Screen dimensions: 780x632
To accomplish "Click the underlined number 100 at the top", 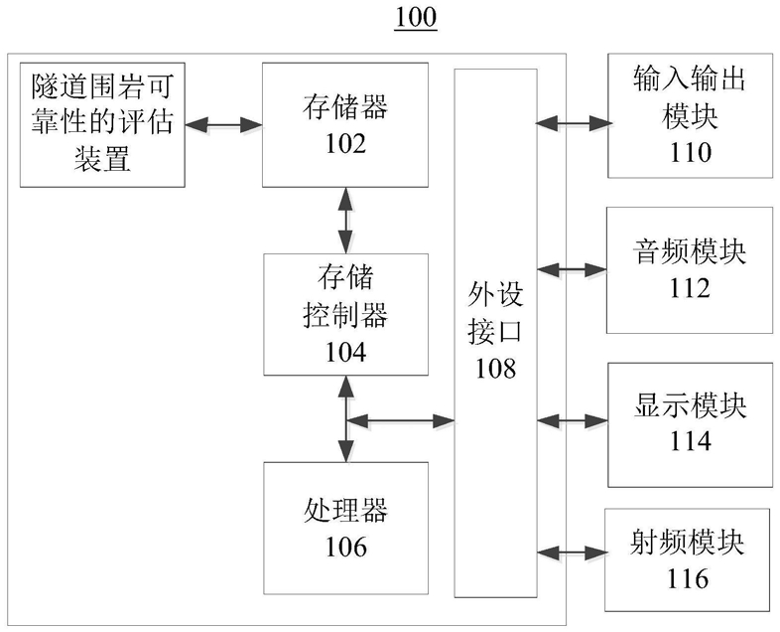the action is point(416,17).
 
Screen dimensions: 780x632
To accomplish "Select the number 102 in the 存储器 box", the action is point(345,143).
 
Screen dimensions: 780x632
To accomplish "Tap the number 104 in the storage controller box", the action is point(345,352).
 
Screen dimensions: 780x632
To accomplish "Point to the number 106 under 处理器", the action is point(345,547).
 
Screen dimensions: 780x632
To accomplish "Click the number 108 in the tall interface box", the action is point(495,369).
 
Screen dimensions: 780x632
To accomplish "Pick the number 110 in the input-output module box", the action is point(690,152).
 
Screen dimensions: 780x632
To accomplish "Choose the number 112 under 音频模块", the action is point(689,288).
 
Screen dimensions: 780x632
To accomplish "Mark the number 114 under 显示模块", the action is point(690,441).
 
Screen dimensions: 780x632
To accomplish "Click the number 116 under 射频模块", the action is point(688,578).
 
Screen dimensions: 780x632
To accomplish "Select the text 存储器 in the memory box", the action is point(345,107).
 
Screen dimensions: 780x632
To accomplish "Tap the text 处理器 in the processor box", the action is point(345,511).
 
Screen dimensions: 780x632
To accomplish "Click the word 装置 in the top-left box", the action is point(102,159).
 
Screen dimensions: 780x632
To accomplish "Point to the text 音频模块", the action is point(689,252).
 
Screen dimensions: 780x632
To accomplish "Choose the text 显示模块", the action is point(690,404).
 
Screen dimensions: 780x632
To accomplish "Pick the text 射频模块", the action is point(687,543).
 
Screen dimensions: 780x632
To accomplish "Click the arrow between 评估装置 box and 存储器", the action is point(224,124).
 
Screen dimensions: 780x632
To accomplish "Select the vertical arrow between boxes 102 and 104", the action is point(345,221).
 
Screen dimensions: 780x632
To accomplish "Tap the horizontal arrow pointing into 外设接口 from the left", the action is point(401,420).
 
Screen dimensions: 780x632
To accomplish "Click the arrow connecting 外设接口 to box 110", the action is point(573,123).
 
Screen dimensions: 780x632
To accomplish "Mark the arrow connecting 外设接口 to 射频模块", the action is point(571,553).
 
